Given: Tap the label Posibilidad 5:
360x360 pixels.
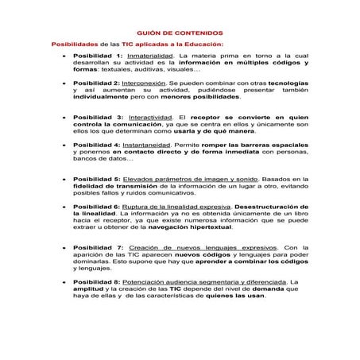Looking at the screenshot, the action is (97, 180).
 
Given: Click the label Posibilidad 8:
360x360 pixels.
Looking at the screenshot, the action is (97, 281).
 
